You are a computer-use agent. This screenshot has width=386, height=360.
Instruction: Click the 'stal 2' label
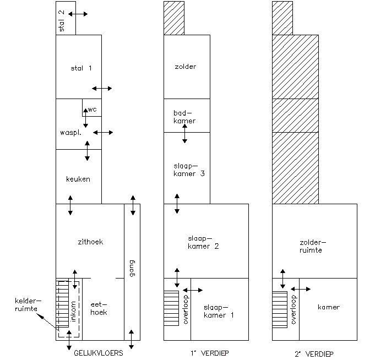62,20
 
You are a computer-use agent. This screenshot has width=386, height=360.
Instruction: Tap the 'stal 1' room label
81,68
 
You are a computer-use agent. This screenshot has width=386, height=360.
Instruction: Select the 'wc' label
92,110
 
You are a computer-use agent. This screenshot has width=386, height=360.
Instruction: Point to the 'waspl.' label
70,133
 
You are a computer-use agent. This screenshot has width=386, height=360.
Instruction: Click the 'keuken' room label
78,179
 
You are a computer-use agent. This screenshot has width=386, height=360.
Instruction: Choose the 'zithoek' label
90,242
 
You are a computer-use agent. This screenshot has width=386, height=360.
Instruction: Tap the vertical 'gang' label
132,271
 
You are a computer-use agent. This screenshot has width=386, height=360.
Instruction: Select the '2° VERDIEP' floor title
314,353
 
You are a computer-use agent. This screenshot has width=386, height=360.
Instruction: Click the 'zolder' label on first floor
185,67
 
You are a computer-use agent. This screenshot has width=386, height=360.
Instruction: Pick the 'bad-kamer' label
184,117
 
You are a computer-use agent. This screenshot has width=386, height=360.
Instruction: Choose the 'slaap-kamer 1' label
219,311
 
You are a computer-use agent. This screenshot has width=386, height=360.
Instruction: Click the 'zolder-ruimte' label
311,246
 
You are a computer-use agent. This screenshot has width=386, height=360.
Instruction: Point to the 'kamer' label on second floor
329,307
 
